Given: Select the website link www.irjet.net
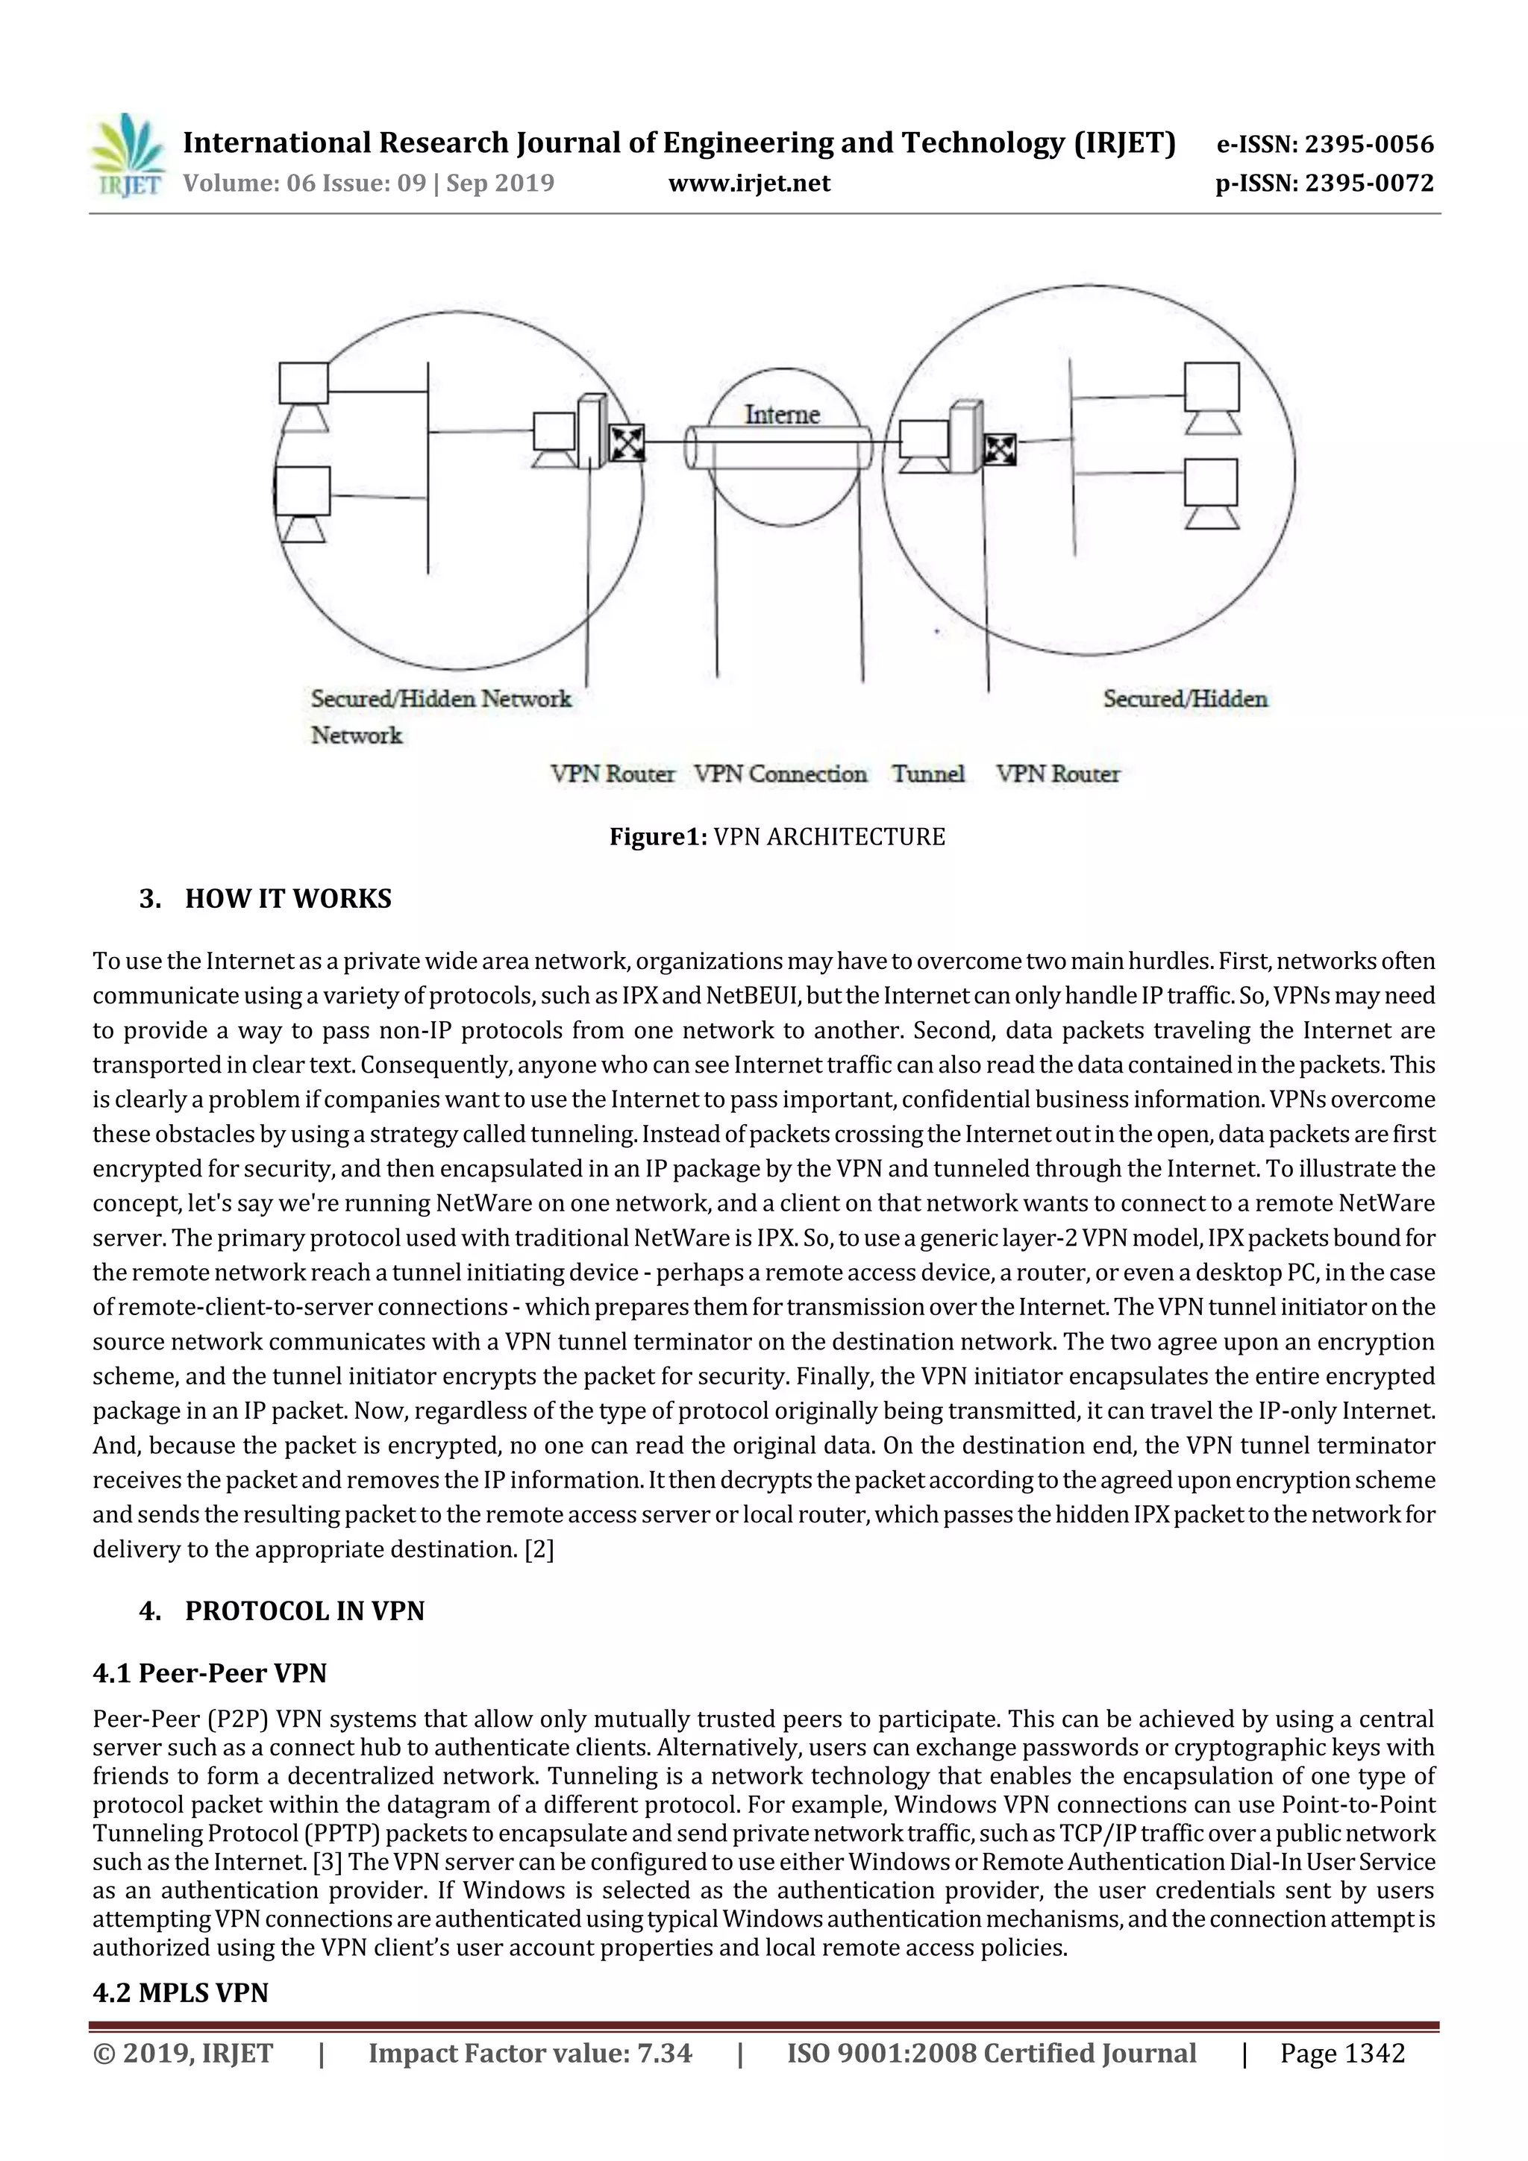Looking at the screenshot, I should [749, 183].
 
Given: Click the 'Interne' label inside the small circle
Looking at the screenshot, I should [781, 414].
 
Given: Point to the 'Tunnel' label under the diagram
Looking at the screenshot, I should [928, 774].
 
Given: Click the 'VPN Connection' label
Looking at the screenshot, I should [780, 774].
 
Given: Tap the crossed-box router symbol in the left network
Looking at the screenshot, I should [626, 442].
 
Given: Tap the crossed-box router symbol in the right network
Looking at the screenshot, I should [998, 450].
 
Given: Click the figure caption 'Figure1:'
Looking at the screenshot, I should [658, 837].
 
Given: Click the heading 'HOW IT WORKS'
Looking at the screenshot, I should [288, 899].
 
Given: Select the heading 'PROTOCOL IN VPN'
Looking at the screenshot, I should [304, 1611].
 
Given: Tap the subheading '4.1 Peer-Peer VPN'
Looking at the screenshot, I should [210, 1673].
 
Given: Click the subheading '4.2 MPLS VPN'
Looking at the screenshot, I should [181, 1993].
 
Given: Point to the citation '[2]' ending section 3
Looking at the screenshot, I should [539, 1549].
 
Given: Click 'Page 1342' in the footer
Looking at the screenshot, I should [1341, 2054].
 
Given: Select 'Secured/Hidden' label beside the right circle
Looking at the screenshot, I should [1186, 698].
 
